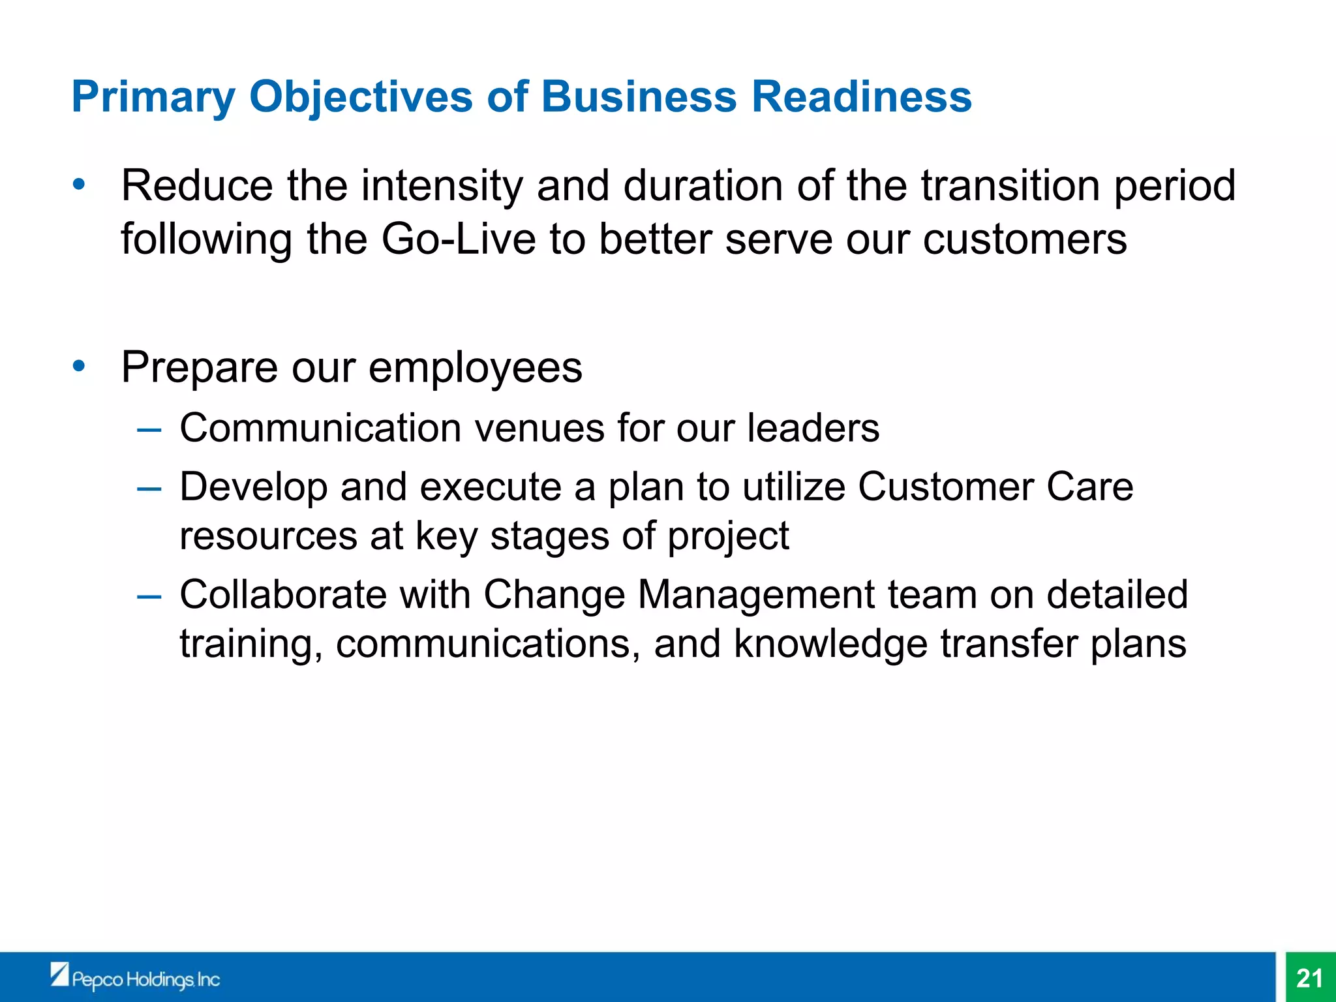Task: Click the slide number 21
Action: pyautogui.click(x=1309, y=978)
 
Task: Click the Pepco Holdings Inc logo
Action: pyautogui.click(x=136, y=977)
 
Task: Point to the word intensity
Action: pyautogui.click(x=442, y=186)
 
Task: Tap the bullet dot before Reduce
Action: pyautogui.click(x=79, y=185)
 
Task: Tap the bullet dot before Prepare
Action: pyautogui.click(x=79, y=366)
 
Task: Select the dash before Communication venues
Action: pyautogui.click(x=149, y=430)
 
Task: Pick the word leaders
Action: pyautogui.click(x=813, y=429)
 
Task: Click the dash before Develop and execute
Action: pyautogui.click(x=149, y=489)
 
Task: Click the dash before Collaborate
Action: pyautogui.click(x=149, y=596)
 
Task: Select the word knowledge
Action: pyautogui.click(x=830, y=645)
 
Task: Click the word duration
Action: pyautogui.click(x=703, y=186)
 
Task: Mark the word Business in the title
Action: pyautogui.click(x=639, y=97)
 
